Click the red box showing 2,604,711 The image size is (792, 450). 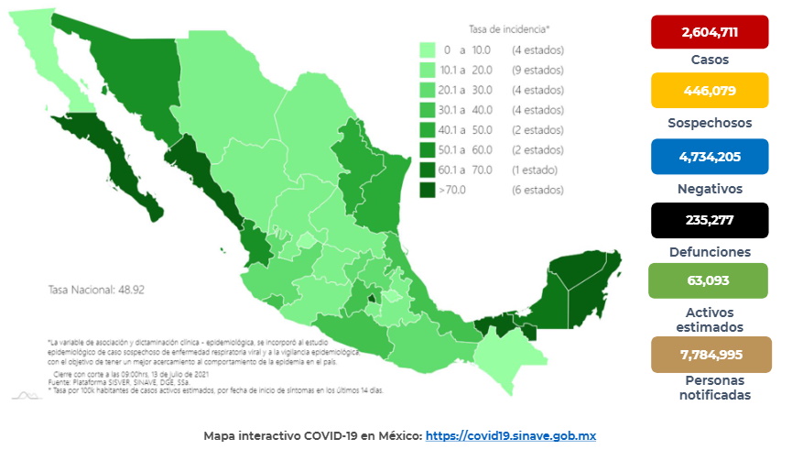click(709, 34)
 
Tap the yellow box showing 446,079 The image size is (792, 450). click(709, 91)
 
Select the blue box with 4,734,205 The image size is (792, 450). click(709, 156)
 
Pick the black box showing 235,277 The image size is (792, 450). click(709, 220)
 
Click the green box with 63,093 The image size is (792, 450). click(709, 279)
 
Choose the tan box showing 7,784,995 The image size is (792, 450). click(709, 354)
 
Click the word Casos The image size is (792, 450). click(710, 60)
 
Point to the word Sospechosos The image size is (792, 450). click(710, 122)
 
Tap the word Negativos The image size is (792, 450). click(710, 188)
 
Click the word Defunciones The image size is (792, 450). click(710, 251)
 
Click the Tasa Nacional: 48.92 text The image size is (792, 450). click(95, 289)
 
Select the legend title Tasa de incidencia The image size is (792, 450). click(509, 29)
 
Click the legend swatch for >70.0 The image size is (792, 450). click(427, 190)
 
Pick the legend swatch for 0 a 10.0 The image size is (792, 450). click(427, 49)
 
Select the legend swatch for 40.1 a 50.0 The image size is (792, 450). click(427, 129)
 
